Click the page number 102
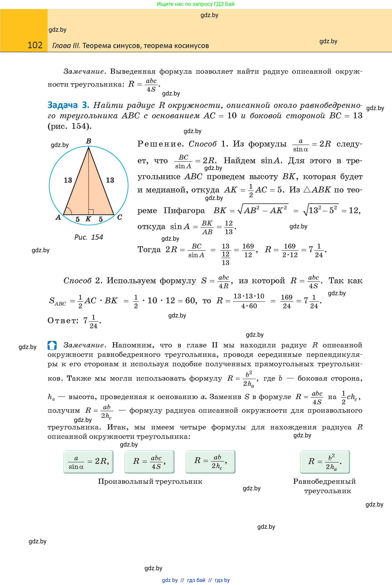pos(35,45)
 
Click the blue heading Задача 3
pos(68,105)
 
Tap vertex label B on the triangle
pos(88,141)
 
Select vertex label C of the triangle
pos(120,217)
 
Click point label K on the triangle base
pos(88,219)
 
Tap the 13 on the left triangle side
pos(68,180)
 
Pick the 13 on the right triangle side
pos(110,180)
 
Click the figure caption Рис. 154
pos(89,237)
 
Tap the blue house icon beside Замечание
pos(52,346)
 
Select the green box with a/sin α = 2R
pos(88,462)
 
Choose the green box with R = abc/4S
pos(149,462)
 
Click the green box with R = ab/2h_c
pos(210,462)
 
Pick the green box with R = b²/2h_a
pos(325,462)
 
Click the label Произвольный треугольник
pos(150,481)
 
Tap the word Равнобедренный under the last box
pos(324,481)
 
